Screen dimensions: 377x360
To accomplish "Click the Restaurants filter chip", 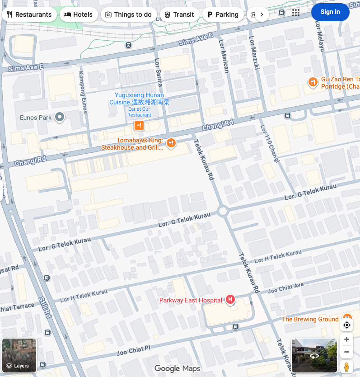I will pos(29,14).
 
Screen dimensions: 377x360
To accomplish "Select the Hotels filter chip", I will pos(78,14).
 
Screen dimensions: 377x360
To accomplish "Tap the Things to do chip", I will pos(129,14).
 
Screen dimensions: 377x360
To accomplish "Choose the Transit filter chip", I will pos(179,14).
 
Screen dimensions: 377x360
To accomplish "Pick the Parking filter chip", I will pos(223,14).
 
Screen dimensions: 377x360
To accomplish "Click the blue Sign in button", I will pos(330,12).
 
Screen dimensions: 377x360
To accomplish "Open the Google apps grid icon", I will pos(296,13).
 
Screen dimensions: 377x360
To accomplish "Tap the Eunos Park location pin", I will pos(59,118).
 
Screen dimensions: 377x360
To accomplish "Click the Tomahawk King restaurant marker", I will pos(171,143).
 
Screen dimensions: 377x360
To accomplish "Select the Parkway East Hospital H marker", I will pos(230,299).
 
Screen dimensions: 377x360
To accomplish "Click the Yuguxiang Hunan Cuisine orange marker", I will pos(139,125).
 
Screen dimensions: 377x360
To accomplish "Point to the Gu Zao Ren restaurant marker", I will pos(312,82).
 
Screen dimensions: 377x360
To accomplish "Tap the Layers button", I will pos(19,355).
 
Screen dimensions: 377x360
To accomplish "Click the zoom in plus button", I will pos(346,339).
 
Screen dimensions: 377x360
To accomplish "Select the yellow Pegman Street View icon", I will pos(346,367).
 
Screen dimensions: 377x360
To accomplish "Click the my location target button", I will pos(347,325).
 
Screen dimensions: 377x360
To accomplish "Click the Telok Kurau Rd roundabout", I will pos(222,211).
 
